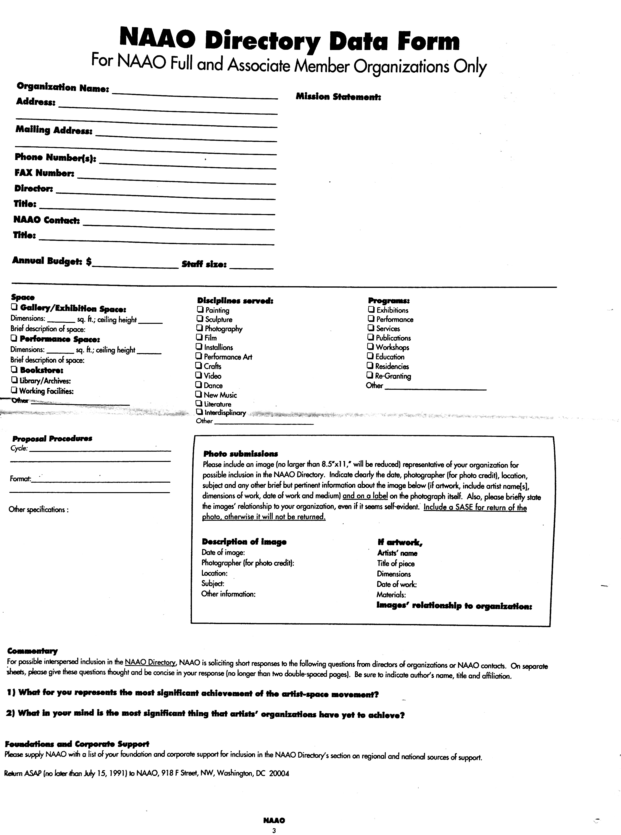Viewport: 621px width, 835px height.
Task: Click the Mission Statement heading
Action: pos(338,97)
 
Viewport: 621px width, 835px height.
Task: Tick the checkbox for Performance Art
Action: pos(199,356)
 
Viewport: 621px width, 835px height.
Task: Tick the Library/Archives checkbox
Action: pos(14,380)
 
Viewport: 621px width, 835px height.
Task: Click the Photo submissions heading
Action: pos(240,454)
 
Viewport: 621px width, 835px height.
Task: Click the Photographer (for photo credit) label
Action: pos(248,563)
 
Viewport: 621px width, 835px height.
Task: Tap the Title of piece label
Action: pos(396,563)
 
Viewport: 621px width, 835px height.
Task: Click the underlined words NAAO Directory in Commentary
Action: pos(150,663)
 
